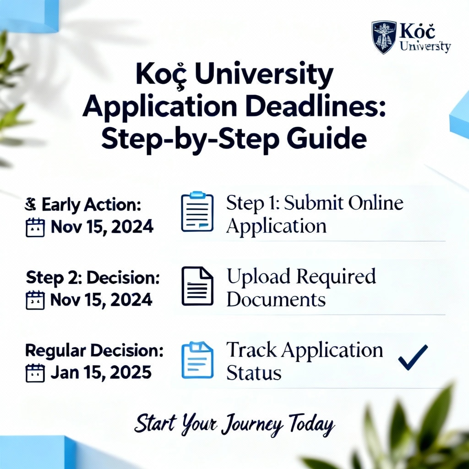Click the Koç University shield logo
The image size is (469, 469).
pyautogui.click(x=384, y=37)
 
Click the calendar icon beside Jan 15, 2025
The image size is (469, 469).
pyautogui.click(x=35, y=372)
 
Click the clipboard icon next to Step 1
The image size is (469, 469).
pyautogui.click(x=197, y=212)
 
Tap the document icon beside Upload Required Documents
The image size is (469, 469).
pyautogui.click(x=197, y=286)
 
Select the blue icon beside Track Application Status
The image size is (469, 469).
pyautogui.click(x=197, y=360)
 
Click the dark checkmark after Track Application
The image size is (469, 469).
pyautogui.click(x=413, y=357)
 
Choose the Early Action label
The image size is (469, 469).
pyautogui.click(x=91, y=206)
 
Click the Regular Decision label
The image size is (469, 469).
pyautogui.click(x=94, y=351)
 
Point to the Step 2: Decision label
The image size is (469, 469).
pyautogui.click(x=93, y=278)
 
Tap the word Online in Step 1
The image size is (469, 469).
pyautogui.click(x=374, y=203)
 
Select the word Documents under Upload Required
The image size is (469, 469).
pyautogui.click(x=276, y=300)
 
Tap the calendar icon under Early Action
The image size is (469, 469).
pyautogui.click(x=35, y=227)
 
